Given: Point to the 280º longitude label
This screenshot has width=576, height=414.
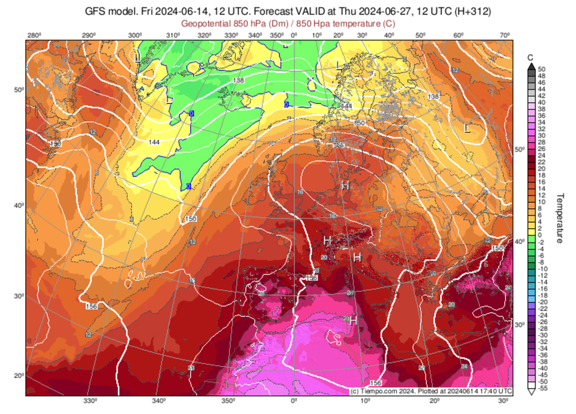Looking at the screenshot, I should point(34,36).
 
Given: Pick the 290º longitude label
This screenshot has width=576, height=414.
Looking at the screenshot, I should point(88,36).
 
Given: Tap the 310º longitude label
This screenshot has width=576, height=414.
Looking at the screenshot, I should point(174,36).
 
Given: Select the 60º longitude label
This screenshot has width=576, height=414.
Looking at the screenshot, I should point(458,36).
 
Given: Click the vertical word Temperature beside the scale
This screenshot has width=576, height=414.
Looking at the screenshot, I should point(560,219).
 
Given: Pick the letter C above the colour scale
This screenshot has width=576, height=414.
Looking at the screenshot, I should point(530,58).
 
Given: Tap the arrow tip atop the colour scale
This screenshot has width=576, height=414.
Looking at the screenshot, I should point(530,64).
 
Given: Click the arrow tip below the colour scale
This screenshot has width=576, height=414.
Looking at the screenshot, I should point(530,393).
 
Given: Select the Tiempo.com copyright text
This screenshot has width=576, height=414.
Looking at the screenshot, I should point(431,391).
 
